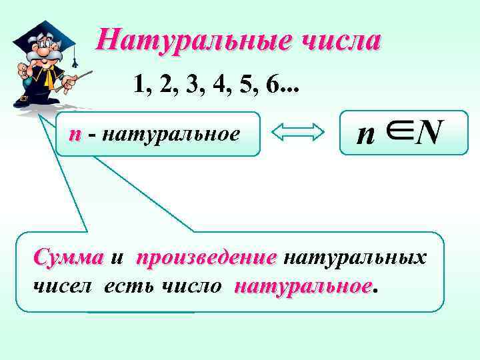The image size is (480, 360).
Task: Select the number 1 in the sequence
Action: [139, 84]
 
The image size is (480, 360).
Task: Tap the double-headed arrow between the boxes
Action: [299, 134]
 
